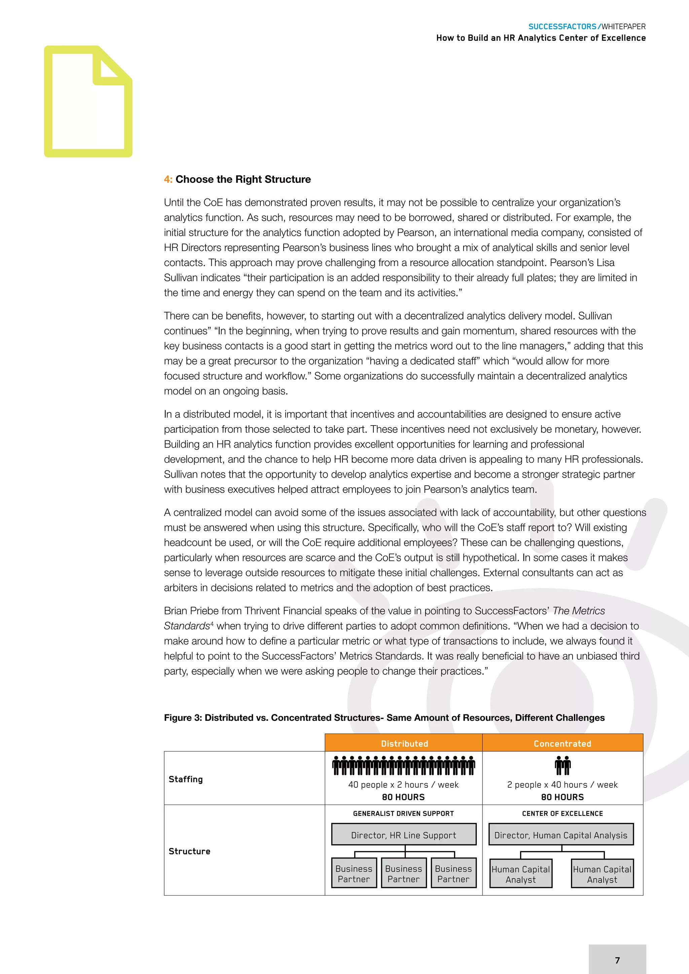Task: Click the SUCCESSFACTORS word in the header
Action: [x=562, y=26]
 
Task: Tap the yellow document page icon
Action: [x=88, y=102]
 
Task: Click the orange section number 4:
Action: [x=168, y=180]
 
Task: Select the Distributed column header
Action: [x=404, y=743]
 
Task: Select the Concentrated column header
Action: [x=562, y=743]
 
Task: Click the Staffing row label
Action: [x=185, y=779]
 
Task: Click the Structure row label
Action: [x=189, y=851]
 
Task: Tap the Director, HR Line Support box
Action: [x=403, y=835]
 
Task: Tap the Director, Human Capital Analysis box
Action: [x=560, y=835]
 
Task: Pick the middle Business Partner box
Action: [x=403, y=873]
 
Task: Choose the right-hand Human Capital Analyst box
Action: [x=602, y=874]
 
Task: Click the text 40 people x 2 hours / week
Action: [x=403, y=784]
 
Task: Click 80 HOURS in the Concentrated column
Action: [x=562, y=797]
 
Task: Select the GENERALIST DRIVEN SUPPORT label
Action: [x=403, y=813]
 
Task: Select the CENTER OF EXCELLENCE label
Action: [x=562, y=813]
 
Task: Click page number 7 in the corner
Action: [x=617, y=960]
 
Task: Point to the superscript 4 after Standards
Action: [x=212, y=623]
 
